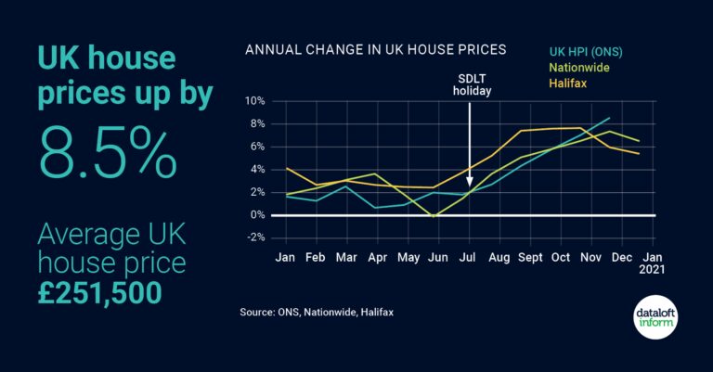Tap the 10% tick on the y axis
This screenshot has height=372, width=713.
coord(254,100)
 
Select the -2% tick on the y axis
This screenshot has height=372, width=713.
coord(254,237)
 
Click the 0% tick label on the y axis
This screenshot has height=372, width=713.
coord(257,215)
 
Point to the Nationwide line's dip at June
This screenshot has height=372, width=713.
coord(434,217)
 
